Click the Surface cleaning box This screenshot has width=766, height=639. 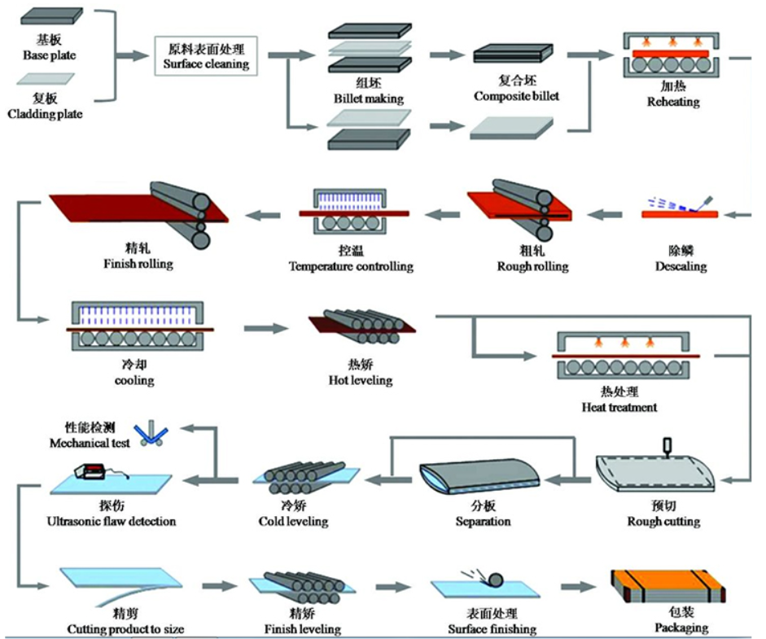click(206, 55)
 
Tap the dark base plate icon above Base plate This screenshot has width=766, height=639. click(51, 16)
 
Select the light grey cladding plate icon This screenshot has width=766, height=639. click(46, 79)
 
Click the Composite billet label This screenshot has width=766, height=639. click(516, 96)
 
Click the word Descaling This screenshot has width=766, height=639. click(681, 266)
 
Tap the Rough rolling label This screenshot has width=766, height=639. click(533, 266)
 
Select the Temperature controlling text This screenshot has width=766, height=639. click(351, 266)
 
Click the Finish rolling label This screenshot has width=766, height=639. click(138, 264)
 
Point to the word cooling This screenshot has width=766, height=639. click(134, 380)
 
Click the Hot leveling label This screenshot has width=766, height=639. click(361, 380)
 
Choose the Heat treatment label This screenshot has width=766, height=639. click(619, 407)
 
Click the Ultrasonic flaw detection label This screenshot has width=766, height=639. click(112, 521)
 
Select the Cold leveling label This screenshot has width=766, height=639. click(293, 521)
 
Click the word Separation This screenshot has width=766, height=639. click(484, 521)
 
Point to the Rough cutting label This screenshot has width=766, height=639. click(663, 521)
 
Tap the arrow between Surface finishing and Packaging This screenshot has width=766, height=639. click(579, 586)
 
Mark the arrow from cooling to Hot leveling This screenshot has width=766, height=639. click(266, 328)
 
